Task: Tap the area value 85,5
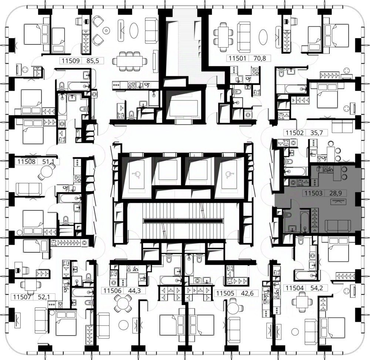[92, 61]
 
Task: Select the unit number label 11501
[238, 58]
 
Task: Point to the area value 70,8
[259, 58]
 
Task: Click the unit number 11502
[295, 133]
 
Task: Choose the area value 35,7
[316, 133]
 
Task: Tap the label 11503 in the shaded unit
[313, 193]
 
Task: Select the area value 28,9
[335, 193]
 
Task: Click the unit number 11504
[295, 288]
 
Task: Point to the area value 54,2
[316, 288]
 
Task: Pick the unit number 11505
[225, 293]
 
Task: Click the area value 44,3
[134, 290]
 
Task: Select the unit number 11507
[22, 297]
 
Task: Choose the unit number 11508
[26, 161]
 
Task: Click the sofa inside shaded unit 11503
[338, 226]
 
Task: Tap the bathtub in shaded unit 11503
[305, 222]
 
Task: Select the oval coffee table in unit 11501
[263, 37]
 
